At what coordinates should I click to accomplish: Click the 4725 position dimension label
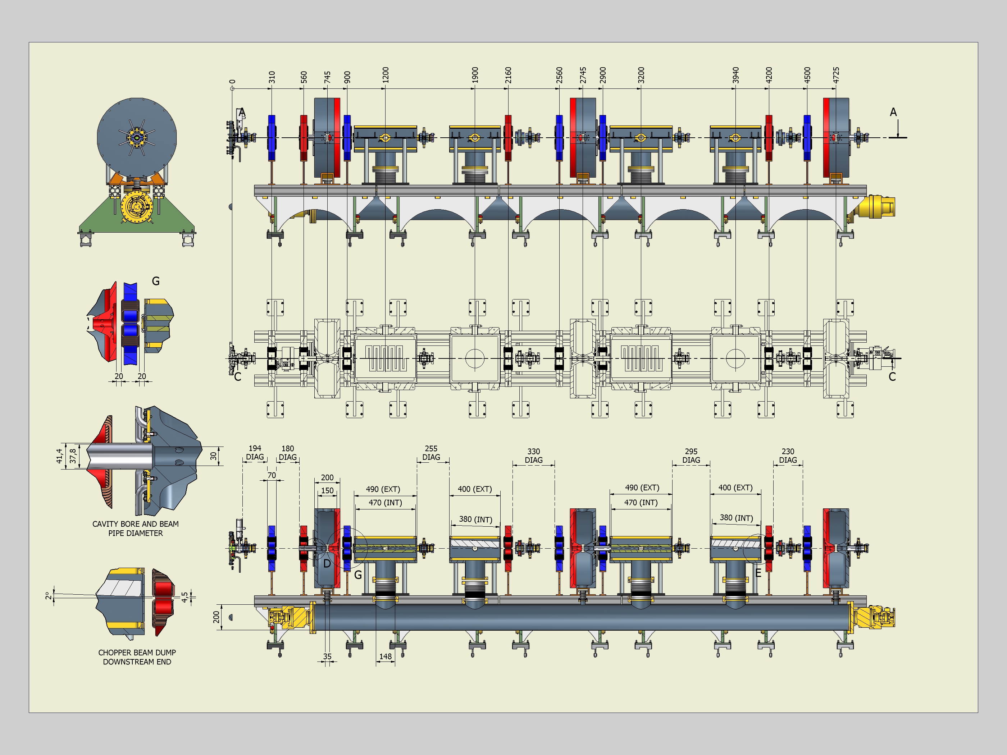836,75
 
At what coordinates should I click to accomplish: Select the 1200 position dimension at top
385,75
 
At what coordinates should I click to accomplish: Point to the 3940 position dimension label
736,75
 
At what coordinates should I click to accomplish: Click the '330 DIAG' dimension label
534,456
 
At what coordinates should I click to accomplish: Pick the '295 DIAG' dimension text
691,456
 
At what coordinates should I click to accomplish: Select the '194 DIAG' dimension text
255,452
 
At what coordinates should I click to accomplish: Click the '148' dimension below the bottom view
385,656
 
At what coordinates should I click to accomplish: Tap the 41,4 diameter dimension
59,456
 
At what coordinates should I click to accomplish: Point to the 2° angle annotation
48,596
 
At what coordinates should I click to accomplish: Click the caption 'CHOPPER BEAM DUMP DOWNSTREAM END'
137,657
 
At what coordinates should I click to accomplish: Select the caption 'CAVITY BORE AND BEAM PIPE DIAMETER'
136,528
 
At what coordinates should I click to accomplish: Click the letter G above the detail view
156,281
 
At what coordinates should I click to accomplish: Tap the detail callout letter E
758,573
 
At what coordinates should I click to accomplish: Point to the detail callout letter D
327,564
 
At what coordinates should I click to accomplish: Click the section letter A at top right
893,112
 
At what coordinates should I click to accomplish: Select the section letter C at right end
892,377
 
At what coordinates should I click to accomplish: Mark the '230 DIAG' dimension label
788,456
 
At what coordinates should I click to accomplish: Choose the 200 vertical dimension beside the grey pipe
216,617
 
